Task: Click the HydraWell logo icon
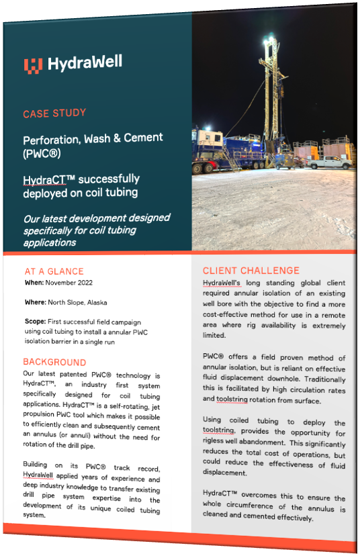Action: click(x=33, y=64)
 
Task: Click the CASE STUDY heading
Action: click(x=54, y=113)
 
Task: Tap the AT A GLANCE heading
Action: click(x=54, y=271)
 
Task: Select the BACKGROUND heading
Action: click(x=54, y=362)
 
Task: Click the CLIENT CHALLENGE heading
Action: click(x=251, y=271)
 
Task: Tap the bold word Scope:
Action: click(x=36, y=322)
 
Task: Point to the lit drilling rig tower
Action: click(x=271, y=87)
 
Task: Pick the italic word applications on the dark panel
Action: click(x=50, y=242)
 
